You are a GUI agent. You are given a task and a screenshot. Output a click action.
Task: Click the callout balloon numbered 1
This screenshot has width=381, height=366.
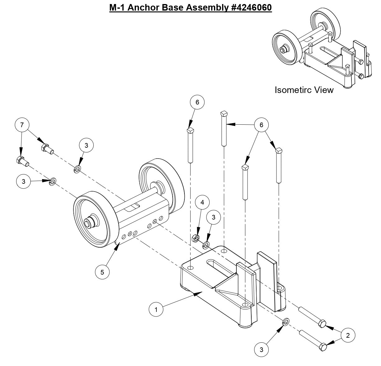156,309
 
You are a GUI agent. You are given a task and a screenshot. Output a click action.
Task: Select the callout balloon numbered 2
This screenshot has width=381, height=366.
348,335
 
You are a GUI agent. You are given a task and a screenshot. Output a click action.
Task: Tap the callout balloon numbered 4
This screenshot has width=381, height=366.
202,202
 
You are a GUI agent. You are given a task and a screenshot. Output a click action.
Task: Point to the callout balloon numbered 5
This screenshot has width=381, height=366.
102,272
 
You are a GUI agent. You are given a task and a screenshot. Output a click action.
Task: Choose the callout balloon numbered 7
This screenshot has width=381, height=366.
22,125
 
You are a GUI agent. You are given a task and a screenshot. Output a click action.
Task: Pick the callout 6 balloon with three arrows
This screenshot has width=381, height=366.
261,125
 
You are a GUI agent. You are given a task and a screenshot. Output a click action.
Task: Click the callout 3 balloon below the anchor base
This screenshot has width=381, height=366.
261,350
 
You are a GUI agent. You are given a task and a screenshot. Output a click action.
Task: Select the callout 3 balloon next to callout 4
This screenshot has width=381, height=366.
213,217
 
